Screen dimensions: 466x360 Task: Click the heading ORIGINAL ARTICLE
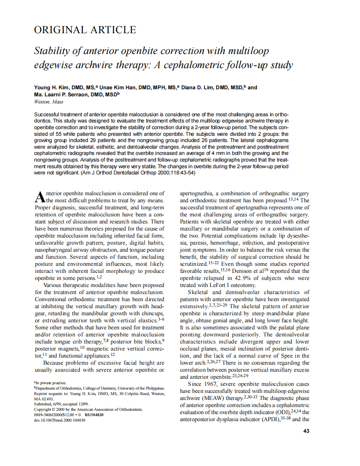tap(85, 30)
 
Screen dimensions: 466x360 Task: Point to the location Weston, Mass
tap(49, 102)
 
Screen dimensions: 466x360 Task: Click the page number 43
tap(306, 431)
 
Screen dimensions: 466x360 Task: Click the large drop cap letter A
tap(39, 196)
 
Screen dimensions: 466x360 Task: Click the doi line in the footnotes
tap(59, 420)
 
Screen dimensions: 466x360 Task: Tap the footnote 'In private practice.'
tap(49, 383)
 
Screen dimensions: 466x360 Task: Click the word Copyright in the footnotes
tap(44, 410)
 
